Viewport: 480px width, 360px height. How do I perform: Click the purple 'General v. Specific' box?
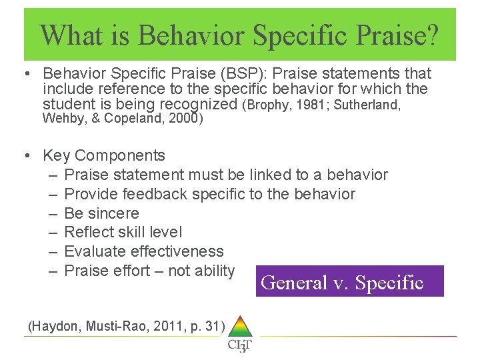[342, 282]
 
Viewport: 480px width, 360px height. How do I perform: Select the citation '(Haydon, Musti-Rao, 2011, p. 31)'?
[127, 326]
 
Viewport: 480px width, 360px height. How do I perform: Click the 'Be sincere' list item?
[102, 213]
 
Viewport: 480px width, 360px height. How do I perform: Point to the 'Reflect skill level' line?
[123, 232]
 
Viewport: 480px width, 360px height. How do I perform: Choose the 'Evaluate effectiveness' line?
[144, 251]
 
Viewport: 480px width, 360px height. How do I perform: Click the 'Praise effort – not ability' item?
[149, 271]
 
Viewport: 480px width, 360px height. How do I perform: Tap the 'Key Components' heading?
[103, 155]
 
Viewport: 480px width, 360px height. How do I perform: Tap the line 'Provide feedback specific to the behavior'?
[209, 194]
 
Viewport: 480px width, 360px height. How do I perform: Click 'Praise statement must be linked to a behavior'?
[226, 175]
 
